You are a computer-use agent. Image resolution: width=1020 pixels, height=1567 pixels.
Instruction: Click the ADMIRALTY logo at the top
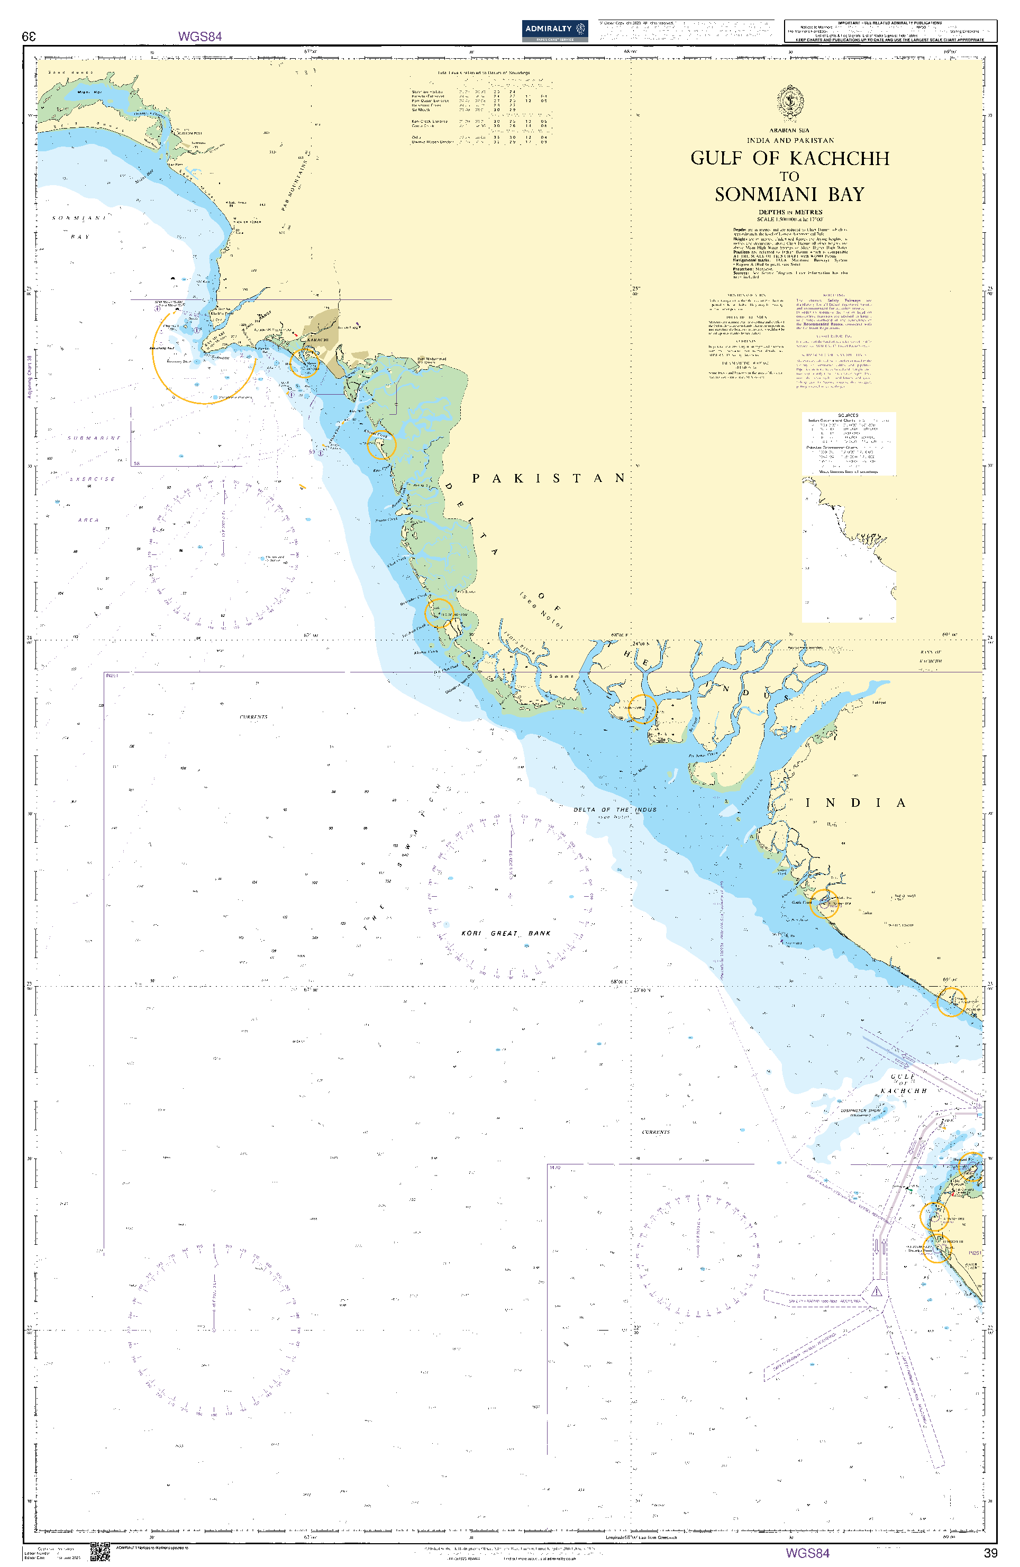click(554, 30)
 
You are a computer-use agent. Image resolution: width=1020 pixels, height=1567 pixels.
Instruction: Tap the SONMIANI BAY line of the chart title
click(789, 195)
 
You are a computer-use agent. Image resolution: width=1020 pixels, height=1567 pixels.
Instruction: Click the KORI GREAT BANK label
click(506, 933)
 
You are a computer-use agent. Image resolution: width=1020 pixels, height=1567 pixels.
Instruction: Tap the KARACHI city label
click(318, 340)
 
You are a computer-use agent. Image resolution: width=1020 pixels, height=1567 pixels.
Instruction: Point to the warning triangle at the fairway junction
click(877, 1292)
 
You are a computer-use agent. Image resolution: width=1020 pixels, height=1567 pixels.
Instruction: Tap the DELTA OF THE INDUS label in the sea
click(614, 810)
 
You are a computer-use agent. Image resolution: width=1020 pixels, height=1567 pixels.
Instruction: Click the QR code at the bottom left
click(99, 1551)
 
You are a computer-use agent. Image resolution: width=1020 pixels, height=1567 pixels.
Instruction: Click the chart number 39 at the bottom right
click(990, 1553)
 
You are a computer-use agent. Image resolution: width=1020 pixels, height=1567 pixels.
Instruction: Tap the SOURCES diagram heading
click(848, 415)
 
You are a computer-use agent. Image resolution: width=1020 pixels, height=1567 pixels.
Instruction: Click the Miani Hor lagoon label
click(89, 92)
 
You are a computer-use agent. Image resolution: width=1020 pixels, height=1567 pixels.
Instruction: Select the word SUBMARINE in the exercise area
click(94, 438)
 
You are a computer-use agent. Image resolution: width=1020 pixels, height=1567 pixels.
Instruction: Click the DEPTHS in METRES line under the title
click(789, 212)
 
